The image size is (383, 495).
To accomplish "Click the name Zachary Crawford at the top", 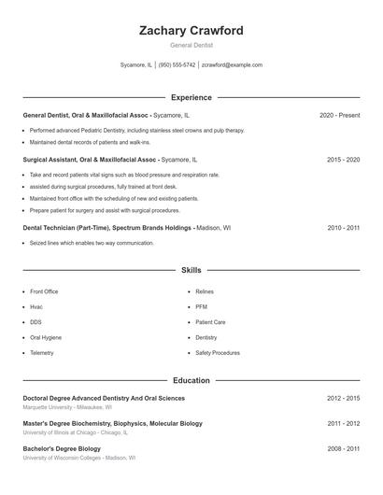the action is coord(191,31).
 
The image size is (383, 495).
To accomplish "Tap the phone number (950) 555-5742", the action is coord(177,65).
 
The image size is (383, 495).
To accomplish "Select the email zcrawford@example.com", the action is coord(232,65).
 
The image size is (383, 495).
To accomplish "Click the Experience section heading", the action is coord(191,97).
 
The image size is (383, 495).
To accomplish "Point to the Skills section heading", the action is coord(191,270).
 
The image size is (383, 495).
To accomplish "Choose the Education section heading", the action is coord(191,381).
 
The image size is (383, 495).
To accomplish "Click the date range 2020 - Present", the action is coord(339,115).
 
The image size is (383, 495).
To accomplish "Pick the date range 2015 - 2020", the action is coord(343,160).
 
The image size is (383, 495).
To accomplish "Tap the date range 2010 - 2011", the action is coord(343,227).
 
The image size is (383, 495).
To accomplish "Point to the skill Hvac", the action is coord(36,306).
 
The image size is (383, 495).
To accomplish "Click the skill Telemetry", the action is coord(42,353).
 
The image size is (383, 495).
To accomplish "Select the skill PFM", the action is coord(201,306).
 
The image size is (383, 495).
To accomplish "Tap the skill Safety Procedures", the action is coord(217,353).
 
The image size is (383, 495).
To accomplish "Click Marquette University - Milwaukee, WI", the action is coord(67,407).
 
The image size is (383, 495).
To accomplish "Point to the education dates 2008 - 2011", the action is coord(343,448).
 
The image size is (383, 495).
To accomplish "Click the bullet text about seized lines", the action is coord(92,243).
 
